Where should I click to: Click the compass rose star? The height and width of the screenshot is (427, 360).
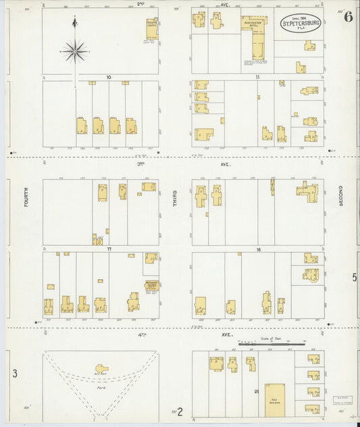[x=76, y=49]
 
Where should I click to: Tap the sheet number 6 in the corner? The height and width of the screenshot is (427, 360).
[x=347, y=18]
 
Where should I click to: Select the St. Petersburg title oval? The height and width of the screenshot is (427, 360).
[x=297, y=23]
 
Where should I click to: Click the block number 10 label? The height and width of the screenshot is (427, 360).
[x=109, y=78]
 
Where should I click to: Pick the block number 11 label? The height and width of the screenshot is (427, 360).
[x=258, y=78]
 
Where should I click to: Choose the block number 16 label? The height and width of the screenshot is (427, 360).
[x=258, y=249]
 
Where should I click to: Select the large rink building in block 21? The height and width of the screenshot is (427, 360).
[x=274, y=397]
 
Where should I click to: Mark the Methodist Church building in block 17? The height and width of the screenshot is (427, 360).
[x=151, y=285]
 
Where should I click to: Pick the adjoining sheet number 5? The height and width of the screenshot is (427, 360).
[x=353, y=276]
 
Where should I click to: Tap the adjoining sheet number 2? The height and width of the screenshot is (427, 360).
[x=180, y=409]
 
